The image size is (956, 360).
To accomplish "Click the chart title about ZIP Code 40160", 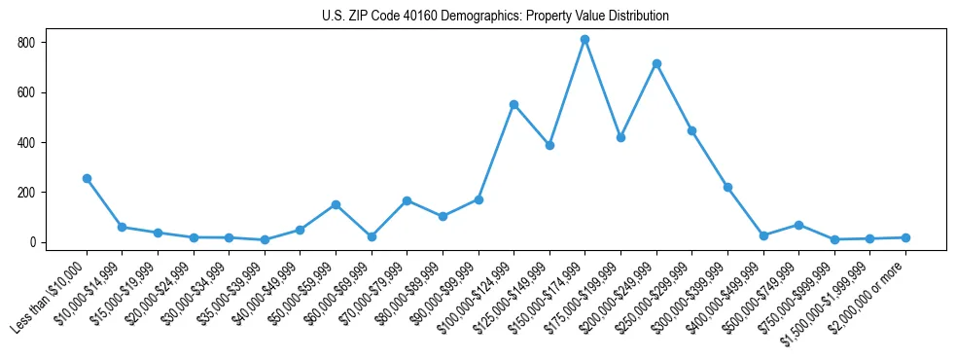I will tap(495, 17).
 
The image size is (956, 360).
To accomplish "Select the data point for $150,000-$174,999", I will tap(584, 40).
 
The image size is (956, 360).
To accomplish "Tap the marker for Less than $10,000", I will tap(87, 179).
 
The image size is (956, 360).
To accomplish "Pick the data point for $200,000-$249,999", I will tap(656, 64).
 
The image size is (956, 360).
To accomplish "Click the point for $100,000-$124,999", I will tap(513, 104).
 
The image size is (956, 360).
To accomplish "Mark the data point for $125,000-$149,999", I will tap(549, 145).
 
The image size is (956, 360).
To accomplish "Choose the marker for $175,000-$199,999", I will tap(620, 137).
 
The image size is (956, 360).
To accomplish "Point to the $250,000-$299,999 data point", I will tap(691, 130).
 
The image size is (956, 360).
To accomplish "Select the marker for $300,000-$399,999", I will tap(727, 187).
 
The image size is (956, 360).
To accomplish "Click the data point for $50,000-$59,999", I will tap(336, 204).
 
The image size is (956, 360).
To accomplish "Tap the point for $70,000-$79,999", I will tap(407, 200).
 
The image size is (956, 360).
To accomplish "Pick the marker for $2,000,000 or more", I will tap(905, 237).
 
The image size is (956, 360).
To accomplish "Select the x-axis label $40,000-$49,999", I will tap(263, 288).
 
